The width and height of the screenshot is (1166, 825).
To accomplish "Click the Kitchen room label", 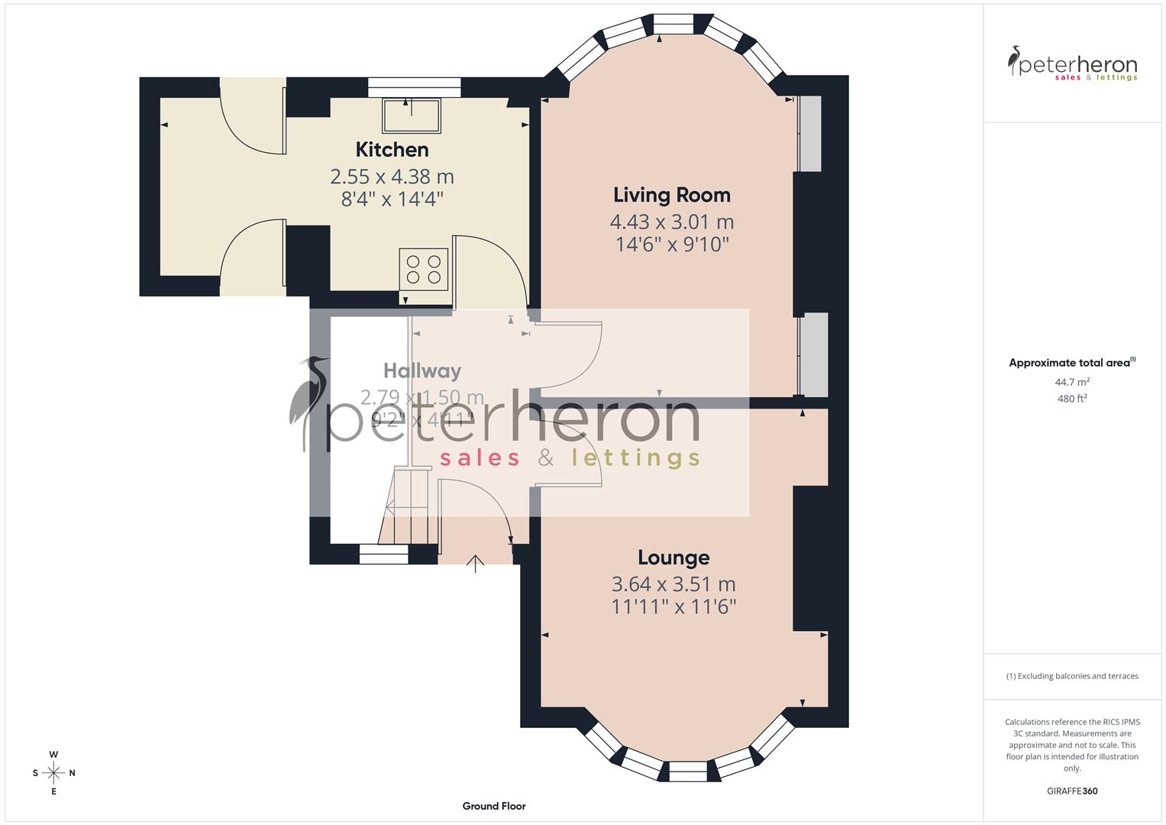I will pos(392,150).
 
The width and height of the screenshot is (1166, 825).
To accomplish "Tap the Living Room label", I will pos(672,196).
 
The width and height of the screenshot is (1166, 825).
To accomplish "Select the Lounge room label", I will pos(673,558).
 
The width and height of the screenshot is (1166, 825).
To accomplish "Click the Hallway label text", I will pos(422,371).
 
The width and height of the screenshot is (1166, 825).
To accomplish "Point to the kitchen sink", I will pos(412,115).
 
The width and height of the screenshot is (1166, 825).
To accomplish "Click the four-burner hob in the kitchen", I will pos(424,270).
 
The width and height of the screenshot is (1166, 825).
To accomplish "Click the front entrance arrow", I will pos(476,564).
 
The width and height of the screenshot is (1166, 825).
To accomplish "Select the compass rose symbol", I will pos(53,773).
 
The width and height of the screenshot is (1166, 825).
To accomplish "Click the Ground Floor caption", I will pos(493,806).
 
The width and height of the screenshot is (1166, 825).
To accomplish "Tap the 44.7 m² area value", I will pos(1072,382).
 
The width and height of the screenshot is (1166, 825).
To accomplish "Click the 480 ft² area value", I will pos(1072,398).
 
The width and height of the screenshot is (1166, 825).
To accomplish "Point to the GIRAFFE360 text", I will pos(1072,791).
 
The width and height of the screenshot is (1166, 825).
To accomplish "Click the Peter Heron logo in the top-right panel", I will pos(1072,64).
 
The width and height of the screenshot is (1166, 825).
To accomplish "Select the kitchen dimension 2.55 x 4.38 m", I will pos(392,177).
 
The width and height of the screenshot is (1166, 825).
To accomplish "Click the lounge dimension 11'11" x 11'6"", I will pos(673,607).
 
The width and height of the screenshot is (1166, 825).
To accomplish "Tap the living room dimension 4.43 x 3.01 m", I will pos(672,222).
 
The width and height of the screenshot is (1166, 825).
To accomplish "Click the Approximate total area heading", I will pos(1071,363).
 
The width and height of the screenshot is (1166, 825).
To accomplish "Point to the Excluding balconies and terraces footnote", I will pos(1072,676).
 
